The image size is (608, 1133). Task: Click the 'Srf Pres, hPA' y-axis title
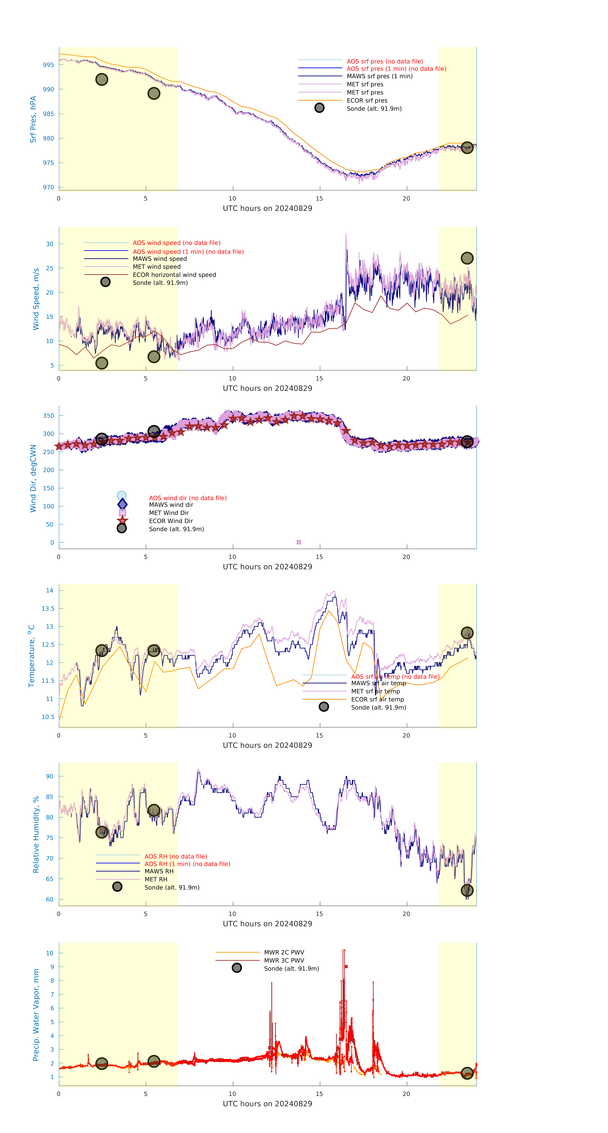point(33,119)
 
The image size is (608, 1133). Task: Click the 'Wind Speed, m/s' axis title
point(36,299)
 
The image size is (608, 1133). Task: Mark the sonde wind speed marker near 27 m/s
point(467,258)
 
